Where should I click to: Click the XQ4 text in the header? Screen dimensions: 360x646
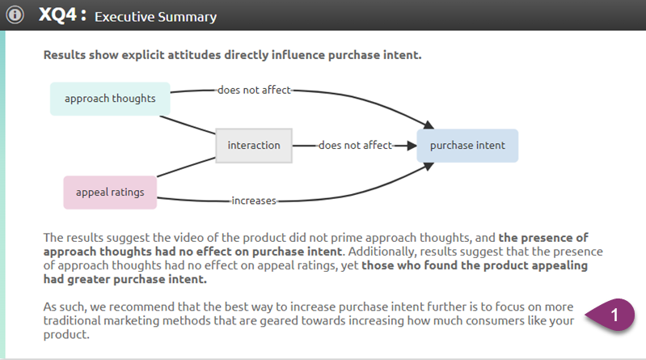[62, 15]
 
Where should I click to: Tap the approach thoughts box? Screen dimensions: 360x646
[110, 99]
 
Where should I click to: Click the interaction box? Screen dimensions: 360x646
[254, 146]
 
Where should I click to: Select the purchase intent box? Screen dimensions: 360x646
[467, 146]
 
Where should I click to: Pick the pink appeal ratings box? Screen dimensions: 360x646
[110, 193]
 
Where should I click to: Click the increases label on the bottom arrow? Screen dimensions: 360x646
[254, 200]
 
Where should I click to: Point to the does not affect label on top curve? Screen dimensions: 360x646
[254, 90]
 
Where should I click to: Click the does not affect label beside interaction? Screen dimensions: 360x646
[355, 146]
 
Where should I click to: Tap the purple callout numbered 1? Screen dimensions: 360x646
[614, 316]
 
